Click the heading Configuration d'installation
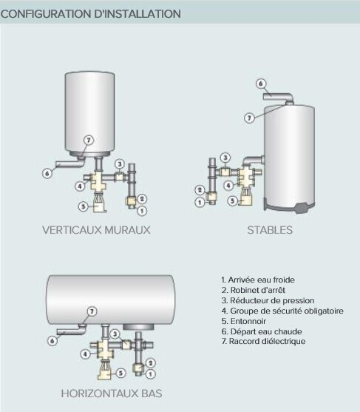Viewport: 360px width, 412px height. [x=91, y=14]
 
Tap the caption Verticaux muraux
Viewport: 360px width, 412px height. [x=96, y=230]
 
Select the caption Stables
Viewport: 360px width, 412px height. [x=270, y=230]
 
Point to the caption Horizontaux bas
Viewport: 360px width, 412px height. [x=112, y=394]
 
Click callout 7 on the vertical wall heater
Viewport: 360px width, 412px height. [x=89, y=141]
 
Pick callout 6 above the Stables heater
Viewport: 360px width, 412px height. [x=261, y=84]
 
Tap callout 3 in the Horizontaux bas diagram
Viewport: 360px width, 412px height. [x=115, y=334]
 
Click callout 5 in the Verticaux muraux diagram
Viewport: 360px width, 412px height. [x=84, y=206]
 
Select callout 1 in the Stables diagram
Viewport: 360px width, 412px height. [x=200, y=202]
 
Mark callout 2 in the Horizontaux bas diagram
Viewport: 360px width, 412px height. [x=151, y=363]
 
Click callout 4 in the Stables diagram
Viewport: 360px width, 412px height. [x=228, y=186]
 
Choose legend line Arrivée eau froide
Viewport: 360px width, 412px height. [x=258, y=280]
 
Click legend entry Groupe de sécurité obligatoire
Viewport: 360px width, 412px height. [x=282, y=311]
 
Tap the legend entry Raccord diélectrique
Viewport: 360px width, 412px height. [x=263, y=341]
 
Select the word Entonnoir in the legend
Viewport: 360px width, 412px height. [x=248, y=321]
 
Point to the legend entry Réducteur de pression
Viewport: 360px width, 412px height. [x=268, y=300]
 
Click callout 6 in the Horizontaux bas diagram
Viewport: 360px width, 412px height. [x=52, y=341]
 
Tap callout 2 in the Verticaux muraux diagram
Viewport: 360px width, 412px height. [x=142, y=199]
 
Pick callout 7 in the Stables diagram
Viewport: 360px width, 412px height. [x=249, y=118]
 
